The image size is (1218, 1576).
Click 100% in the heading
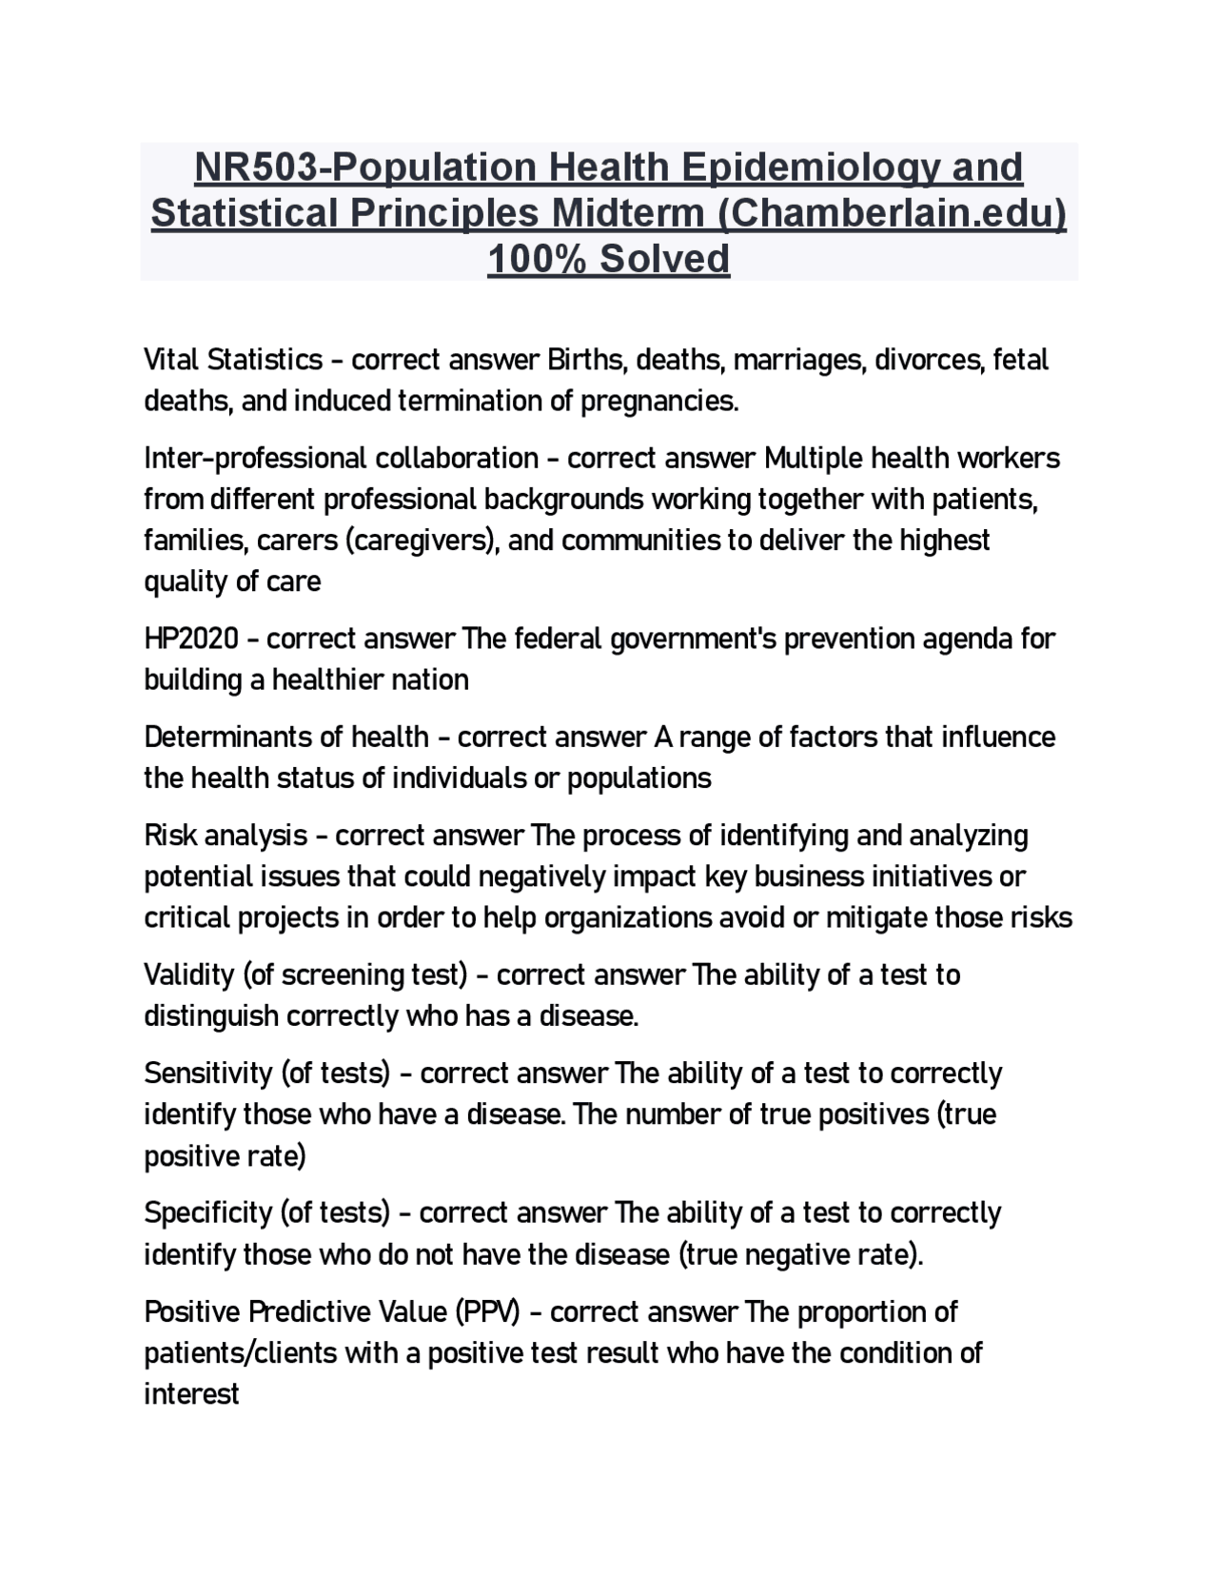click(536, 259)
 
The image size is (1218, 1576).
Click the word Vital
click(171, 360)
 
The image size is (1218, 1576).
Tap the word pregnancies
click(659, 402)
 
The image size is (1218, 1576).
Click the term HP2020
click(191, 639)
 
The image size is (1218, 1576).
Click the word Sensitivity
click(208, 1074)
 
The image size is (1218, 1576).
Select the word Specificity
click(208, 1213)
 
